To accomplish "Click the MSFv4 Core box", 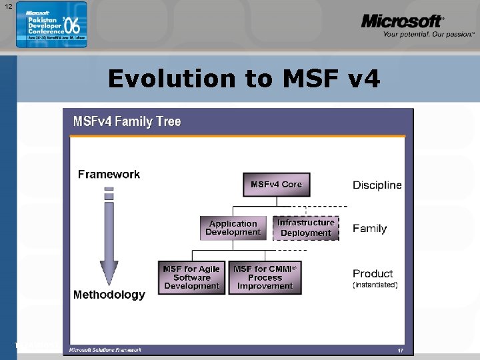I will pos(276,185).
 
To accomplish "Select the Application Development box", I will pos(233,228).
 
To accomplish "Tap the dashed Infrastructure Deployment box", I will pos(306,228).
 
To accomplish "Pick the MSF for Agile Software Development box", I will pos(191,277).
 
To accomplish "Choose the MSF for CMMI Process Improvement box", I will pos(265,277).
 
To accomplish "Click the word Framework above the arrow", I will pos(109,175).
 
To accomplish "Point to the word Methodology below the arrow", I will pos(109,295).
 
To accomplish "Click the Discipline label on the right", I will pos(377,185).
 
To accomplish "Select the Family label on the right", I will pos(369,229).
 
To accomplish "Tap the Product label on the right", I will pos(373,273).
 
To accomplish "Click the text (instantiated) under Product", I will pos(375,285).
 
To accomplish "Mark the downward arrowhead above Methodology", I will pos(109,274).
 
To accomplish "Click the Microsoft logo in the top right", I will pos(402,22).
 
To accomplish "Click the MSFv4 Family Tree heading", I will pos(127,121).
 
